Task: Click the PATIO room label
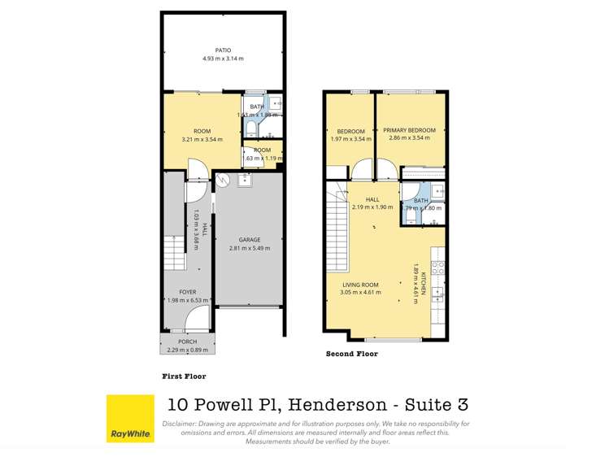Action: point(223,50)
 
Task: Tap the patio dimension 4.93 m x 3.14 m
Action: point(223,59)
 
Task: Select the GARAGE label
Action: point(250,240)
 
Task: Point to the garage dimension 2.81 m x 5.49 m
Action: point(250,248)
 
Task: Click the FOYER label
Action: point(188,292)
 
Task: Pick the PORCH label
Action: point(188,342)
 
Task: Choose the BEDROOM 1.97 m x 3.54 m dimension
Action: point(350,138)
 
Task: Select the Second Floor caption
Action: point(351,354)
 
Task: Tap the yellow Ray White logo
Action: point(130,419)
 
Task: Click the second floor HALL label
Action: point(372,199)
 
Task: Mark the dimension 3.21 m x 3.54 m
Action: point(202,139)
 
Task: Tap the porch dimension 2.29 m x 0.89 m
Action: point(188,350)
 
